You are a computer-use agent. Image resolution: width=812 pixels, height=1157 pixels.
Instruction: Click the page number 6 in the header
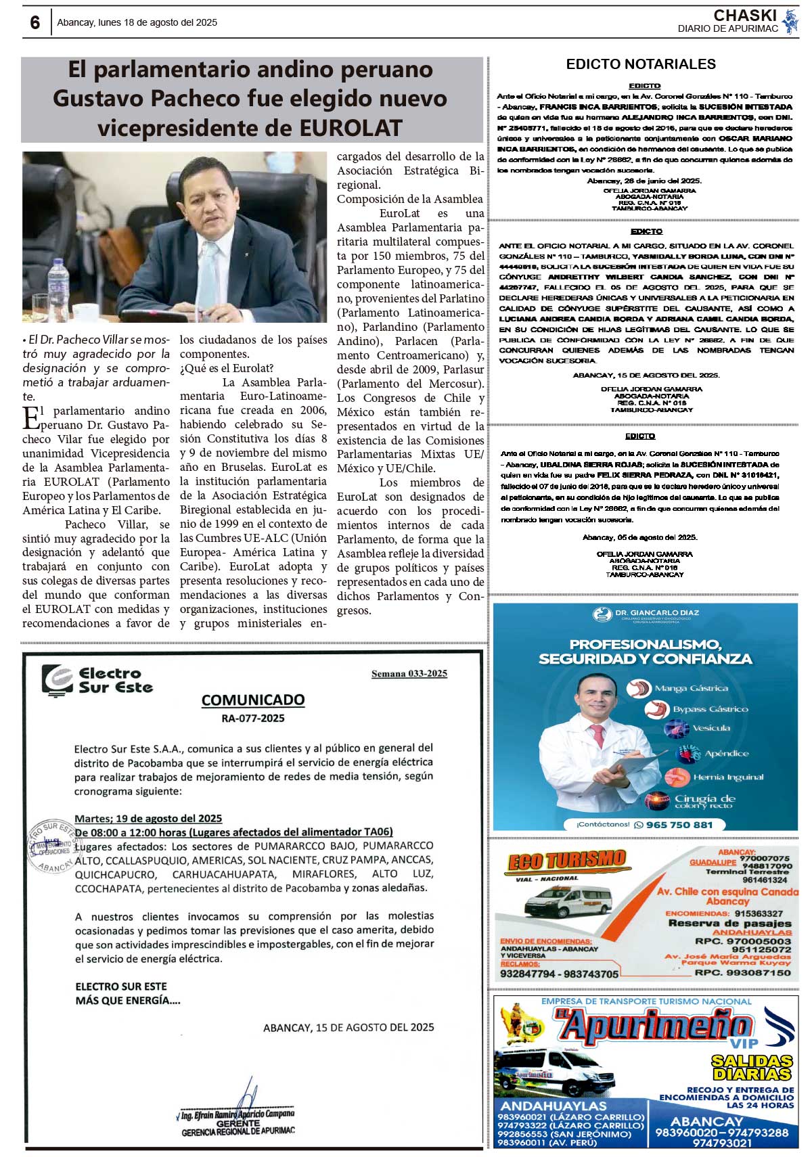coord(35,23)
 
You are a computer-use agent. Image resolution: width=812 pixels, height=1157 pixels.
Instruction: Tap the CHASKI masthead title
coord(744,16)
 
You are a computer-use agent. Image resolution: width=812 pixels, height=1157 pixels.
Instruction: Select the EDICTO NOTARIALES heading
coord(641,64)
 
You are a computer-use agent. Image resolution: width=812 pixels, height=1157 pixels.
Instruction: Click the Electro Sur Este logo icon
coord(58,679)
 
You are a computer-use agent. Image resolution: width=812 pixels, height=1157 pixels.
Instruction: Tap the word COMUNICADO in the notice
coord(253,700)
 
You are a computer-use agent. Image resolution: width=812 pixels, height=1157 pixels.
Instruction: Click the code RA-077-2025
coord(253,718)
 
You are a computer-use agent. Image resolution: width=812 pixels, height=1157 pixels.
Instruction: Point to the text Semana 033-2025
coord(409,673)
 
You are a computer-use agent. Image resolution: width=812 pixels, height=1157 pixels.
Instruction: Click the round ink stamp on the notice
coord(52,846)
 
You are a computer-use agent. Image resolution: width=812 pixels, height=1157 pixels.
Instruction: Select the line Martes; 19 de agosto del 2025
coord(148,818)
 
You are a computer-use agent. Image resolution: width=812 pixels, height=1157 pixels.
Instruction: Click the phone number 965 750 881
coord(679,825)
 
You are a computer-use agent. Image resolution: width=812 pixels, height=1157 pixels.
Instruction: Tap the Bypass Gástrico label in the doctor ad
coord(710,709)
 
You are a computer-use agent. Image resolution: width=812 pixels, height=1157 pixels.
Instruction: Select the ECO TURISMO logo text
coord(566,861)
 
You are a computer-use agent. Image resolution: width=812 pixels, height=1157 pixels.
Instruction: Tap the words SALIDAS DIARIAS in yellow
coord(751,1068)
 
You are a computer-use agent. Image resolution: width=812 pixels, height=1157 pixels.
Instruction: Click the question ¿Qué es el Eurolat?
coord(226,368)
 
